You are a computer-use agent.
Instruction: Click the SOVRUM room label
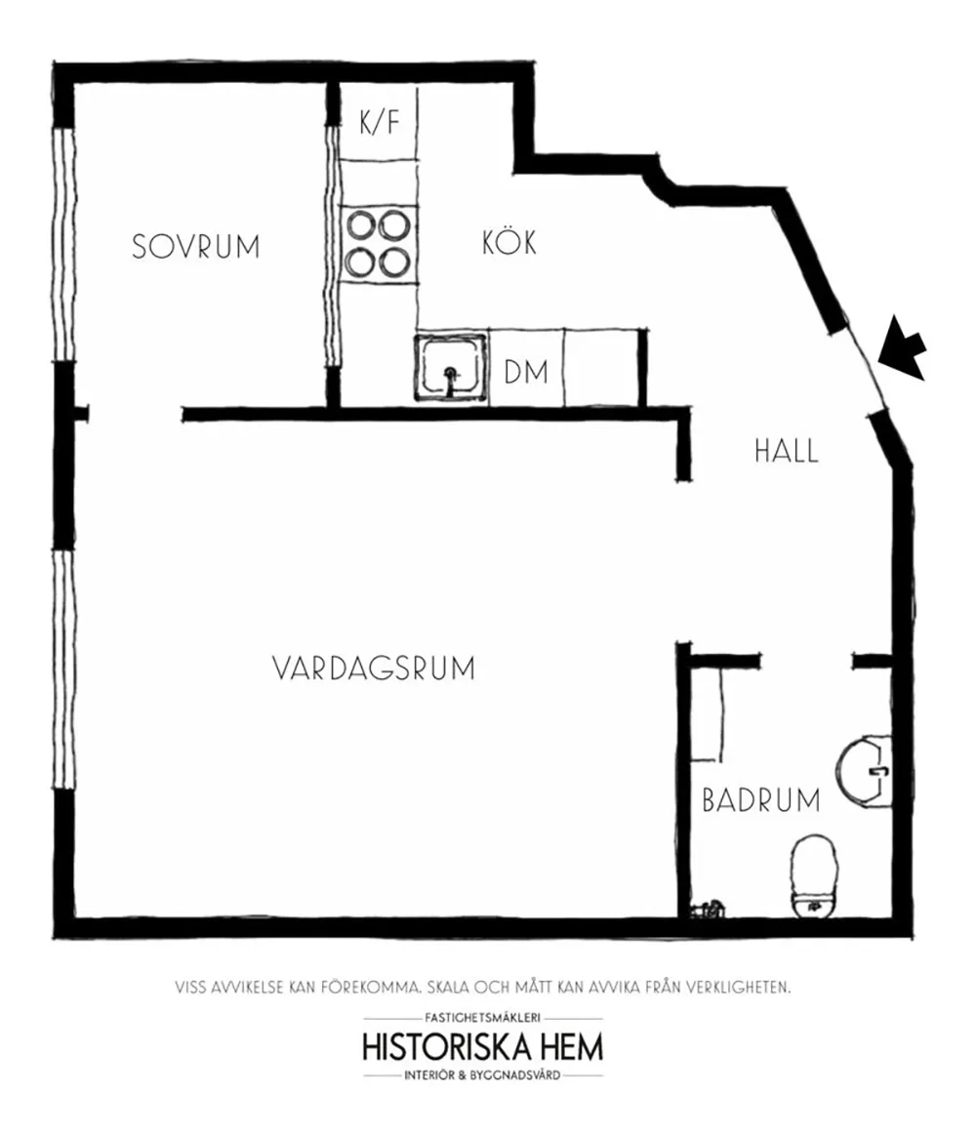pos(195,246)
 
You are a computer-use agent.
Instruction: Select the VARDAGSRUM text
pos(374,668)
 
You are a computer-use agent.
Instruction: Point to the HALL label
pos(786,450)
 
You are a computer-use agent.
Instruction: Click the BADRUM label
pos(761,800)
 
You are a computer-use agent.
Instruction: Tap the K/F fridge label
pos(380,122)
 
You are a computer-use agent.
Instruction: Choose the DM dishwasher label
pos(526,372)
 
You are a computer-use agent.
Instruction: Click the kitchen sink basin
pos(450,367)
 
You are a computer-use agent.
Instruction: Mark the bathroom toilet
pos(813,876)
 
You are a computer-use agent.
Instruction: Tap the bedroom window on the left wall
pos(64,244)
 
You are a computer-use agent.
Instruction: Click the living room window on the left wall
pos(64,669)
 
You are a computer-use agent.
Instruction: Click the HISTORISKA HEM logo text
pos(483,1047)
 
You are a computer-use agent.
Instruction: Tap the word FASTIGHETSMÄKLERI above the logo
pos(483,1018)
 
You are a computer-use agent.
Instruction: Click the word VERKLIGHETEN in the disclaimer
pos(735,987)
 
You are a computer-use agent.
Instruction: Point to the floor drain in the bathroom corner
pos(707,908)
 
